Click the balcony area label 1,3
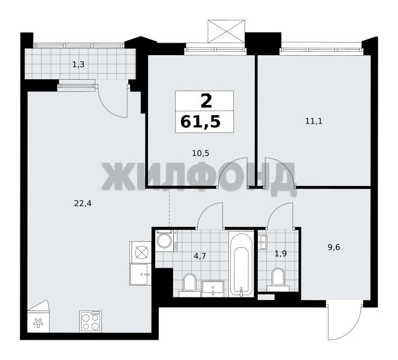coord(78,65)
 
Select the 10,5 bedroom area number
coord(201,153)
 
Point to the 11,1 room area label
coord(313,121)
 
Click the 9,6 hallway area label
coord(334,247)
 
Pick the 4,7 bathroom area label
coord(200,256)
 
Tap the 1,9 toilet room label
coord(281,253)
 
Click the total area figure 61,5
coord(200,122)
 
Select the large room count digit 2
coord(206,101)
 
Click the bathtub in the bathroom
coord(241,263)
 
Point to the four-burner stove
coord(91,321)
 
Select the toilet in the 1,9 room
coord(278,280)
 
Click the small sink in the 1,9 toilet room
coord(263,242)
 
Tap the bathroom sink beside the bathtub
coord(213,289)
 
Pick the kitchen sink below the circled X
coord(140,274)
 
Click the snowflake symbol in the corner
coord(38,323)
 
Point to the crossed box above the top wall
coord(227,31)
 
